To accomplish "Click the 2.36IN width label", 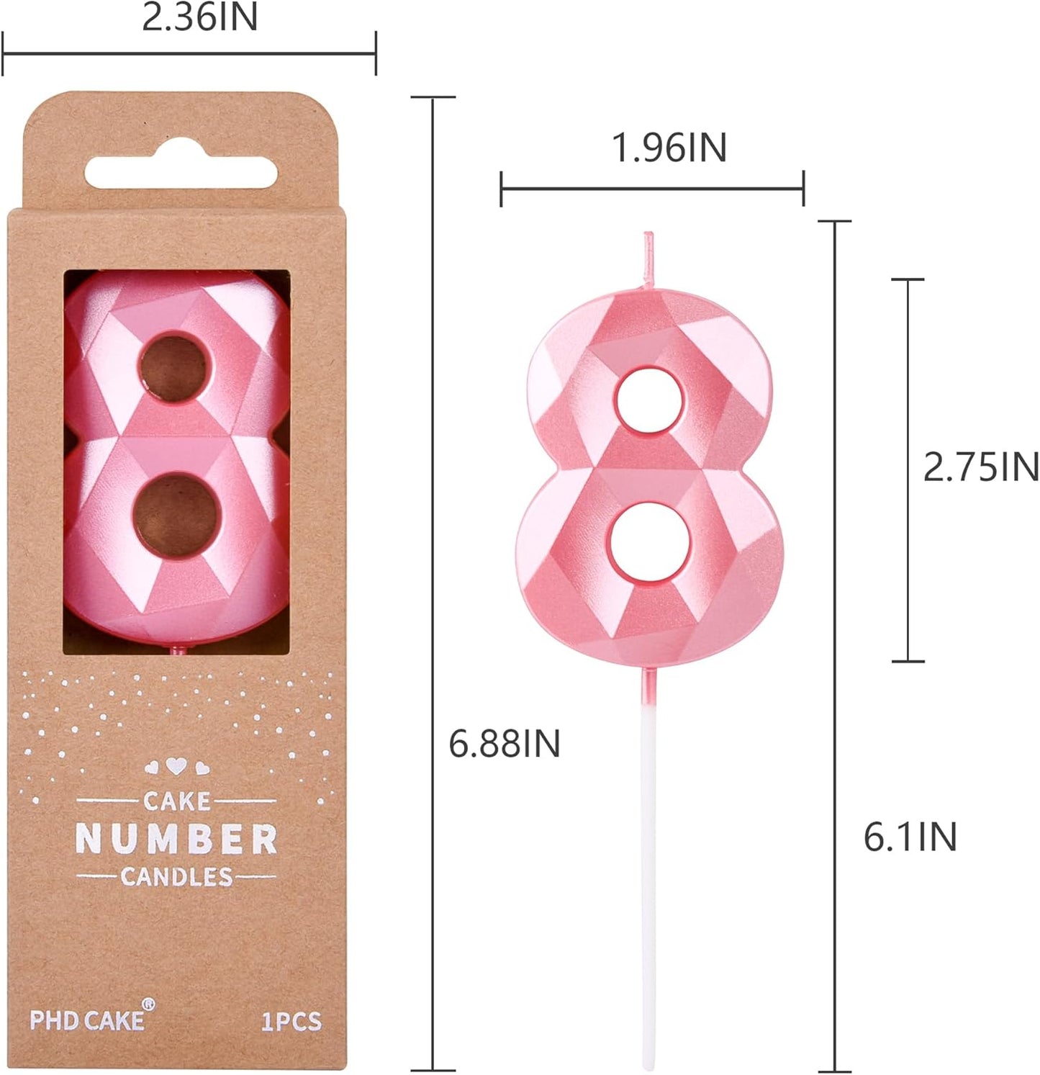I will pyautogui.click(x=199, y=18).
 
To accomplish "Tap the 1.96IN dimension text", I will pyautogui.click(x=669, y=148).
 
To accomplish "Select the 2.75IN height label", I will pyautogui.click(x=980, y=468).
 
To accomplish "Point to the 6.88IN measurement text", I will pyautogui.click(x=504, y=744).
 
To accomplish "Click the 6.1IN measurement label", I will pyautogui.click(x=910, y=837).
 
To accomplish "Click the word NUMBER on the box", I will pyautogui.click(x=176, y=840).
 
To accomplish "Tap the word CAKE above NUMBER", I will pyautogui.click(x=176, y=801).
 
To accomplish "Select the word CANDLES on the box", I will pyautogui.click(x=176, y=877).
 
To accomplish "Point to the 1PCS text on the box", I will pyautogui.click(x=291, y=1022).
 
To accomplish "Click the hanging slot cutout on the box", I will pyautogui.click(x=181, y=173).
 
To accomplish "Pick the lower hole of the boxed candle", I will pyautogui.click(x=176, y=514).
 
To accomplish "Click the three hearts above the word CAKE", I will pyautogui.click(x=176, y=766).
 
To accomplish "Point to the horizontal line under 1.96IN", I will pyautogui.click(x=652, y=189).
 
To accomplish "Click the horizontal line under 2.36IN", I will pyautogui.click(x=189, y=53).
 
